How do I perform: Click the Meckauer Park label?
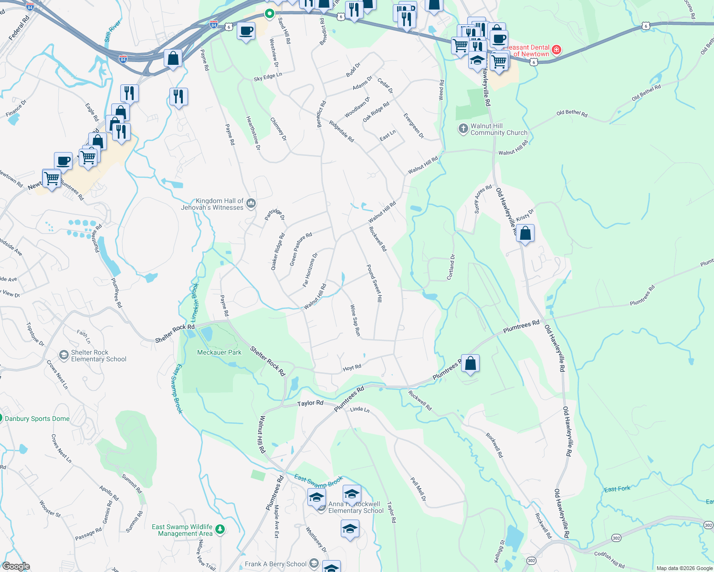(x=219, y=352)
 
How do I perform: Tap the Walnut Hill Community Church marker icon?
(x=463, y=129)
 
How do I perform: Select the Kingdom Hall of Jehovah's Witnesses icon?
(x=251, y=204)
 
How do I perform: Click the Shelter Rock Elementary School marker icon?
(x=63, y=356)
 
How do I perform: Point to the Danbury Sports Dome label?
(x=37, y=419)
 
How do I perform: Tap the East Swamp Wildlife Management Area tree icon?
(x=220, y=529)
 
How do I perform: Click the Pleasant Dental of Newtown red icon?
(x=556, y=50)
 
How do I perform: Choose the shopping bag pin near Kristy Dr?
(x=525, y=234)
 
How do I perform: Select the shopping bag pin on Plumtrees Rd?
(x=470, y=363)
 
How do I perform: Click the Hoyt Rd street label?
(x=352, y=368)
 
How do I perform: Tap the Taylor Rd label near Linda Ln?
(x=310, y=403)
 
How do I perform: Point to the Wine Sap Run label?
(x=355, y=320)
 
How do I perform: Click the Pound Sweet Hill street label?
(x=375, y=284)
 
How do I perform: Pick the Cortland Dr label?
(x=451, y=267)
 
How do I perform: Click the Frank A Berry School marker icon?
(x=314, y=564)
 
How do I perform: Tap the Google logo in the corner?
(x=16, y=566)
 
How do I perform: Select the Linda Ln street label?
(x=359, y=409)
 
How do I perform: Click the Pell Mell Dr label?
(x=419, y=489)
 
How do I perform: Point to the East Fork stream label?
(x=617, y=489)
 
